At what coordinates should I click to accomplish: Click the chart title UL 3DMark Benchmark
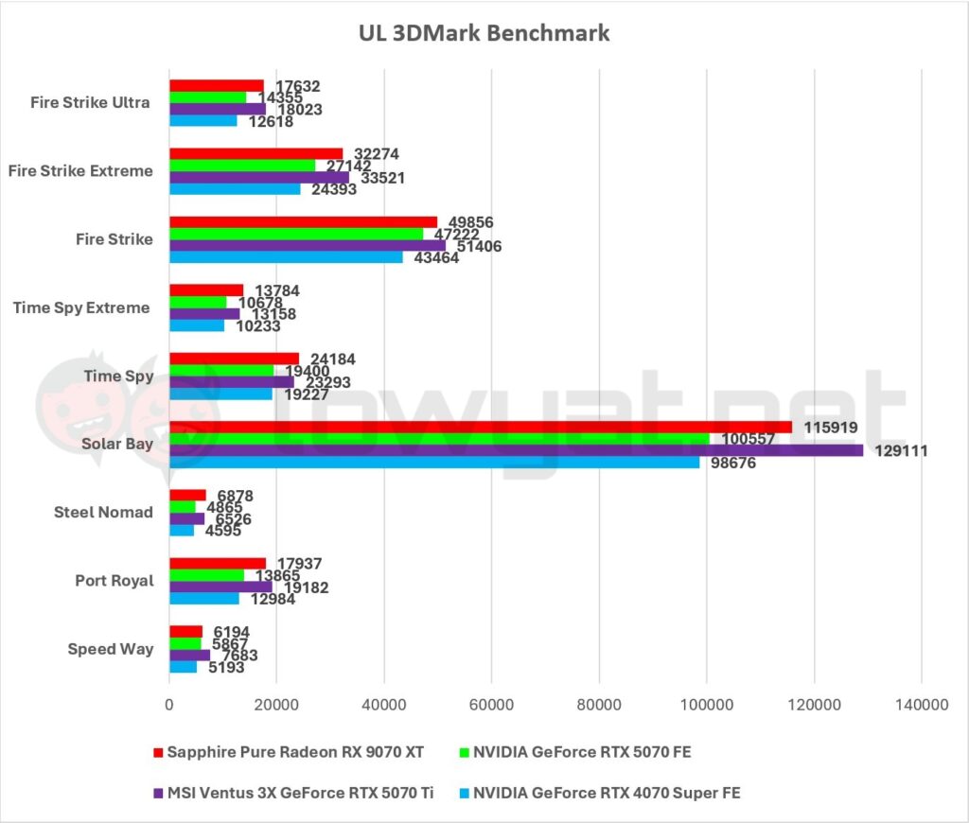tap(484, 34)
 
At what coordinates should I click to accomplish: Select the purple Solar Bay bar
tap(516, 450)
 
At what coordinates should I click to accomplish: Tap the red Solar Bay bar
tap(481, 427)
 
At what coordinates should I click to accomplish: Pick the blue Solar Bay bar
tap(434, 463)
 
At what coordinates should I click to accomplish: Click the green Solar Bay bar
tap(439, 439)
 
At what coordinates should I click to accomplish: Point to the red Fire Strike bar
tap(303, 222)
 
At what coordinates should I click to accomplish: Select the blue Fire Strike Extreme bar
tap(235, 189)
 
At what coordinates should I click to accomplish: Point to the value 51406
tap(476, 246)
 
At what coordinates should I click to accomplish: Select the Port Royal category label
tap(114, 581)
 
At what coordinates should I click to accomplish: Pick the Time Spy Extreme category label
tap(81, 307)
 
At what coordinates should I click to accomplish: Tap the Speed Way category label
tap(111, 649)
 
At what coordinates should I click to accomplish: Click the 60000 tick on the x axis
tap(491, 705)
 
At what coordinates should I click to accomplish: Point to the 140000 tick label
tap(921, 705)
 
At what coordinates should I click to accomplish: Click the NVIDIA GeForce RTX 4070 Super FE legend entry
tap(607, 793)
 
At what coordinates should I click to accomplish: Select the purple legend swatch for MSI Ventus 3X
tap(157, 793)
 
